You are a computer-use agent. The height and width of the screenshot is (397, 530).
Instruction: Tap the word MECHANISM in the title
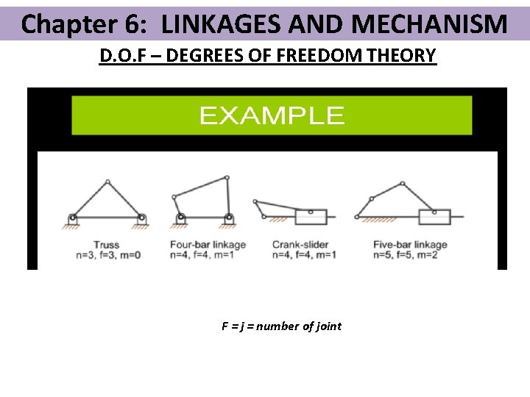pos(429,24)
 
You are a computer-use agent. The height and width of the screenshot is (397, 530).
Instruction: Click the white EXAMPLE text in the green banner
pos(272,115)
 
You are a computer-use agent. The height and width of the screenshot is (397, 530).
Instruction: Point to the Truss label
pos(107,244)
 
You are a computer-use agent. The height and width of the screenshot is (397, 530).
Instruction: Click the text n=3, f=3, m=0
pos(108,255)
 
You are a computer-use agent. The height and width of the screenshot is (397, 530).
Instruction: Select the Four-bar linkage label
pos(208,244)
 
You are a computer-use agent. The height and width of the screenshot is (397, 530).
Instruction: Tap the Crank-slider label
pos(300,244)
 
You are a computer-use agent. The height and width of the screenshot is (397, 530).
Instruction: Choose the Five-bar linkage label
pos(410,244)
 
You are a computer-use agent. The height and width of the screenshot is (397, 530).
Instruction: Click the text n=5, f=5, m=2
pos(405,255)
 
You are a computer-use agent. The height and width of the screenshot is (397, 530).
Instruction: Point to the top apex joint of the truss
pos(107,182)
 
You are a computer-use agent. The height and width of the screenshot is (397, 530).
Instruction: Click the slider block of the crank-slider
pos(311,217)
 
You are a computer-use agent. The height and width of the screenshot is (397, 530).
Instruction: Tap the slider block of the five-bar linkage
pos(435,217)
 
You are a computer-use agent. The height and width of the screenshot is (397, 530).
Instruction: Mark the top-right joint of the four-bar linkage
pos(227,178)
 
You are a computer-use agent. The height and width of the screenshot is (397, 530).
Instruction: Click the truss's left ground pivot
pos(73,218)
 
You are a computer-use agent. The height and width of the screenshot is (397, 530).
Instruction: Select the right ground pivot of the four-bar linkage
pos(229,218)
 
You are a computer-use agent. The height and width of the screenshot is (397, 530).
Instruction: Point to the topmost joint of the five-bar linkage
pos(402,184)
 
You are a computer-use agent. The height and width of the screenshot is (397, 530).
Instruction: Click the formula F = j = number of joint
pos(281,326)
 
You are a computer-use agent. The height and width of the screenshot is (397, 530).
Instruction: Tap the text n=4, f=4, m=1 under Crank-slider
pos(304,255)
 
